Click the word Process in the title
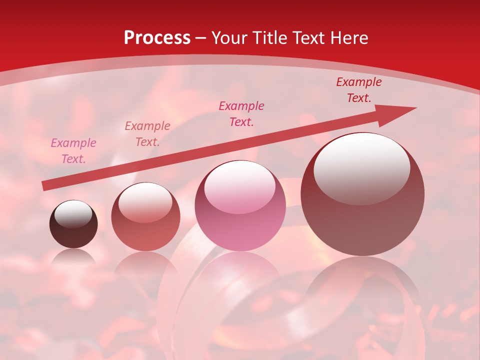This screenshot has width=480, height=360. click(157, 38)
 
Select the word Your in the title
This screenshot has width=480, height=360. click(230, 38)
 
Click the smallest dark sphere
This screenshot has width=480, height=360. click(73, 225)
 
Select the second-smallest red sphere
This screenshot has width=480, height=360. click(145, 217)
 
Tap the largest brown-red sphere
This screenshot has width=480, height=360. click(362, 200)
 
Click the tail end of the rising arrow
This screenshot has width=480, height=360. click(46, 185)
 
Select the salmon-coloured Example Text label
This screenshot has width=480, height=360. click(147, 134)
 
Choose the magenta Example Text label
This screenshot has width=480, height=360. click(241, 114)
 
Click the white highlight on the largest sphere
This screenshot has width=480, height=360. click(361, 167)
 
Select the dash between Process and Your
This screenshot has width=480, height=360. click(201, 38)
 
